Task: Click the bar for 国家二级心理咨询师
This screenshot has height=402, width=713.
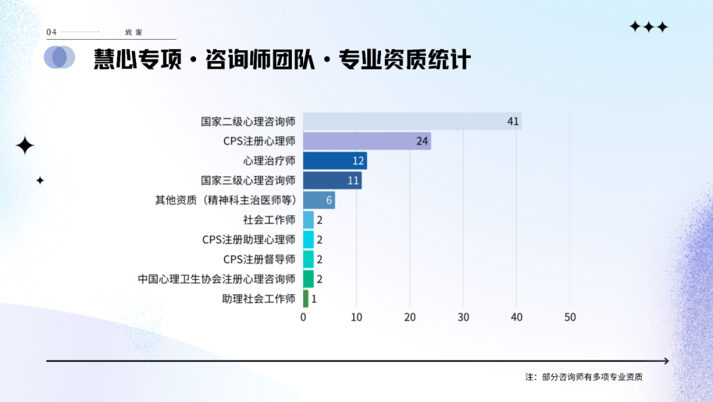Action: [x=413, y=121]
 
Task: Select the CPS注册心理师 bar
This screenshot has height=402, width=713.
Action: [x=367, y=141]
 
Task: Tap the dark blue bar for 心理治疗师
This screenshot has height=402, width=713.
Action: [x=335, y=161]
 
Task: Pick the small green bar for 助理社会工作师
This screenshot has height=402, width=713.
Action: [x=306, y=299]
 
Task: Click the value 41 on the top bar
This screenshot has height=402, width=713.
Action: [x=513, y=121]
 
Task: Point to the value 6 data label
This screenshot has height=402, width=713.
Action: [x=329, y=200]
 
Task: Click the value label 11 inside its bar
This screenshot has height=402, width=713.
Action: [x=353, y=181]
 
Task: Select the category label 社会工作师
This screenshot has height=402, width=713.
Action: [x=269, y=220]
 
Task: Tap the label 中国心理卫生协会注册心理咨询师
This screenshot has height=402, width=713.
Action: [x=217, y=278]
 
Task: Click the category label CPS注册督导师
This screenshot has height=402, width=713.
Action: [x=259, y=259]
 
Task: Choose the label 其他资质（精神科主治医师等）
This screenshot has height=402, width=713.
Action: [x=226, y=200]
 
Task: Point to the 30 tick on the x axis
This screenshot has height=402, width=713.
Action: [x=463, y=317]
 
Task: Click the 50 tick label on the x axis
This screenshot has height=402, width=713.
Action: [x=570, y=317]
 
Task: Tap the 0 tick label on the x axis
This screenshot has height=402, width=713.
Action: [x=303, y=317]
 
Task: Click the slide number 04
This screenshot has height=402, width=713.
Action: [x=51, y=32]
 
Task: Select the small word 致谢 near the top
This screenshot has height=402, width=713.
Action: [x=133, y=32]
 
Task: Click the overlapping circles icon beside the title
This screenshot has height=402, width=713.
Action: [x=59, y=58]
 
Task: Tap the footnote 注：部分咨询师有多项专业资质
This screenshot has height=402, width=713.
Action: [x=584, y=377]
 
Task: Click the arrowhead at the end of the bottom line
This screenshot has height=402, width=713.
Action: [x=667, y=361]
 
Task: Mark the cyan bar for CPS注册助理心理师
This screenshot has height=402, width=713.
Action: [x=308, y=239]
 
